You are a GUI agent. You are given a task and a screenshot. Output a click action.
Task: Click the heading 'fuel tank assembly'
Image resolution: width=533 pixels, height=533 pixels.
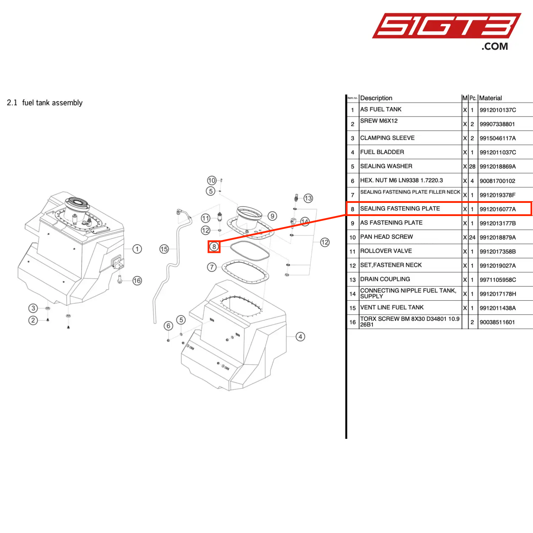coord(52,103)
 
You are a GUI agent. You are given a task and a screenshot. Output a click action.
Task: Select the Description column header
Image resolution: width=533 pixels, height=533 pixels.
coord(376,98)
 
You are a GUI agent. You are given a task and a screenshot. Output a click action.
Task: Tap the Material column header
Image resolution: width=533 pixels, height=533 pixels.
coord(490,98)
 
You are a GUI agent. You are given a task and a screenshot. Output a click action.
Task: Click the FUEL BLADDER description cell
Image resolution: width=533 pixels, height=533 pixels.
coord(382,152)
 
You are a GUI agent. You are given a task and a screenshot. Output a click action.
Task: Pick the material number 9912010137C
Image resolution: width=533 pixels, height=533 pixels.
coord(497,110)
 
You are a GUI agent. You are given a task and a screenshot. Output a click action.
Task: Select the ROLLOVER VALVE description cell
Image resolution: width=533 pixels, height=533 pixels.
coord(386,251)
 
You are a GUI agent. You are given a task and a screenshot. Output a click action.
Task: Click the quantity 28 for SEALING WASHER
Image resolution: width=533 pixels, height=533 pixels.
coord(472,166)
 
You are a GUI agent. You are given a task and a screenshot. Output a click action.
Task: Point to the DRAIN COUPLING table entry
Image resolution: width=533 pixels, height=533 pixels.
coord(385,279)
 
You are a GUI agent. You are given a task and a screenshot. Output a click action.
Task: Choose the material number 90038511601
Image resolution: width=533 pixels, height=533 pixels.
coord(497,322)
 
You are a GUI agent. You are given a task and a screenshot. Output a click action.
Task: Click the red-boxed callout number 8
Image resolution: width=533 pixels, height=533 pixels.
coord(214,247)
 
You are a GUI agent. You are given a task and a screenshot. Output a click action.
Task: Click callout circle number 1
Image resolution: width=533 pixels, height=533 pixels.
coord(137,249)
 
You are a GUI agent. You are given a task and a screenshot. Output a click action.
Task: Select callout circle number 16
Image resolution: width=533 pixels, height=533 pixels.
coord(137,281)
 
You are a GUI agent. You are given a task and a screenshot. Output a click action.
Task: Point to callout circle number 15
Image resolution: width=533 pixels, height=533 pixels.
coord(164,249)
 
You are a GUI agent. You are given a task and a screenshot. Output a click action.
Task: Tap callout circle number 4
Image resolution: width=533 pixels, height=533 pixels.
coord(300,337)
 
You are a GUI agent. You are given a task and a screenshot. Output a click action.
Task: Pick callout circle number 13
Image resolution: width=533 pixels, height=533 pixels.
coord(308,198)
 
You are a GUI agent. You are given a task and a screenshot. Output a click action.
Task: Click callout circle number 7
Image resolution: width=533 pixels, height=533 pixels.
coord(212,267)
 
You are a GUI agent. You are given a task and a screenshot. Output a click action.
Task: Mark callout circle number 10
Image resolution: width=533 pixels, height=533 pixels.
coord(211,181)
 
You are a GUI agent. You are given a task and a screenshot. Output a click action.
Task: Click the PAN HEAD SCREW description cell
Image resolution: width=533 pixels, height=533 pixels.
coord(386,237)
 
